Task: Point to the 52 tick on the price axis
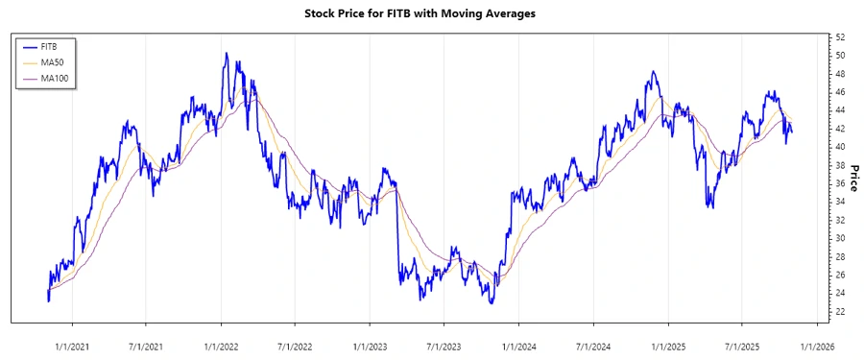840,37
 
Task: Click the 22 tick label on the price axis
840,312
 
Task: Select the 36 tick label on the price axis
840,183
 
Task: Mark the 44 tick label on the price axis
840,110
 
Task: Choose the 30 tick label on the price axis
840,238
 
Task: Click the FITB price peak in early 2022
226,54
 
